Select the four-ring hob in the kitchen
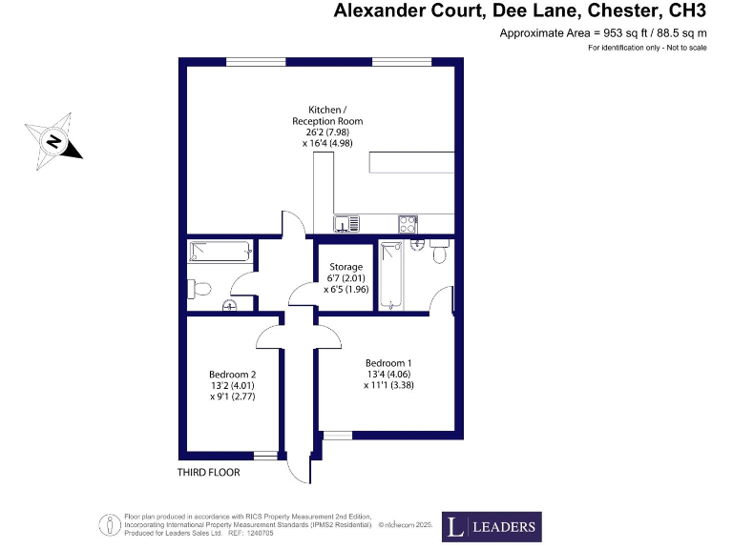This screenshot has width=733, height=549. (407, 225)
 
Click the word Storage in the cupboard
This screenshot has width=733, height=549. (346, 267)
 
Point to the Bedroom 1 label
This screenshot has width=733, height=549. (388, 363)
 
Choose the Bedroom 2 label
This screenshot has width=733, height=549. (233, 374)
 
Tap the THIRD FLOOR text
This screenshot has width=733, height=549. (208, 473)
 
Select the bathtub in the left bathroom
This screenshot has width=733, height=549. (220, 253)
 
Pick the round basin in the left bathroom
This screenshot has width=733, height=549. (229, 305)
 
